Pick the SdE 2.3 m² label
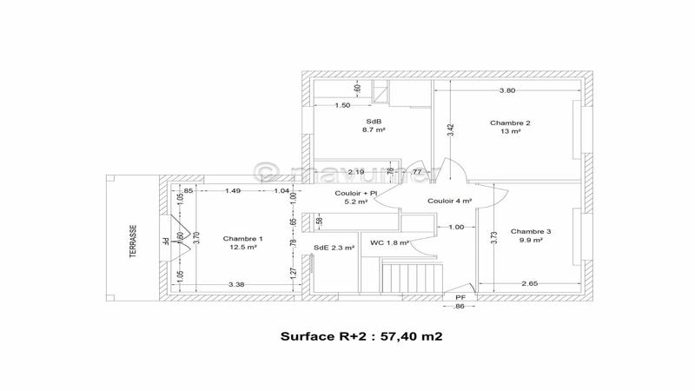coord(334,248)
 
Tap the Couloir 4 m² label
coord(450,201)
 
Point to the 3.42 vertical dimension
coord(449,130)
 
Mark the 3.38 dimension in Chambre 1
coord(235,284)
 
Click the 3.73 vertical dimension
coord(493,238)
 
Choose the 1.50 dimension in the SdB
coord(343,105)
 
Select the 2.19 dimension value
coord(355,172)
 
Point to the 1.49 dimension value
coord(233,190)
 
